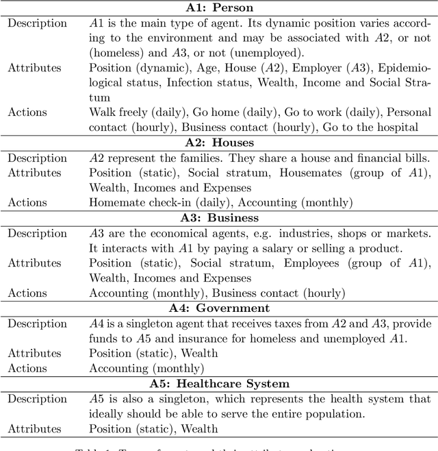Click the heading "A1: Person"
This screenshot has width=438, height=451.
pos(220,8)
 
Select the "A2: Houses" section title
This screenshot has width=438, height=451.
pos(220,143)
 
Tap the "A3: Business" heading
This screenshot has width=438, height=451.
pos(220,218)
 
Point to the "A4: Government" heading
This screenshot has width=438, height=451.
pos(220,308)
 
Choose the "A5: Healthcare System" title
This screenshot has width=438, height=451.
pos(220,384)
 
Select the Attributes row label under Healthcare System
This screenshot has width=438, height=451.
pos(34,429)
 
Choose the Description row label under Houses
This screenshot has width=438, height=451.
pos(37,158)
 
